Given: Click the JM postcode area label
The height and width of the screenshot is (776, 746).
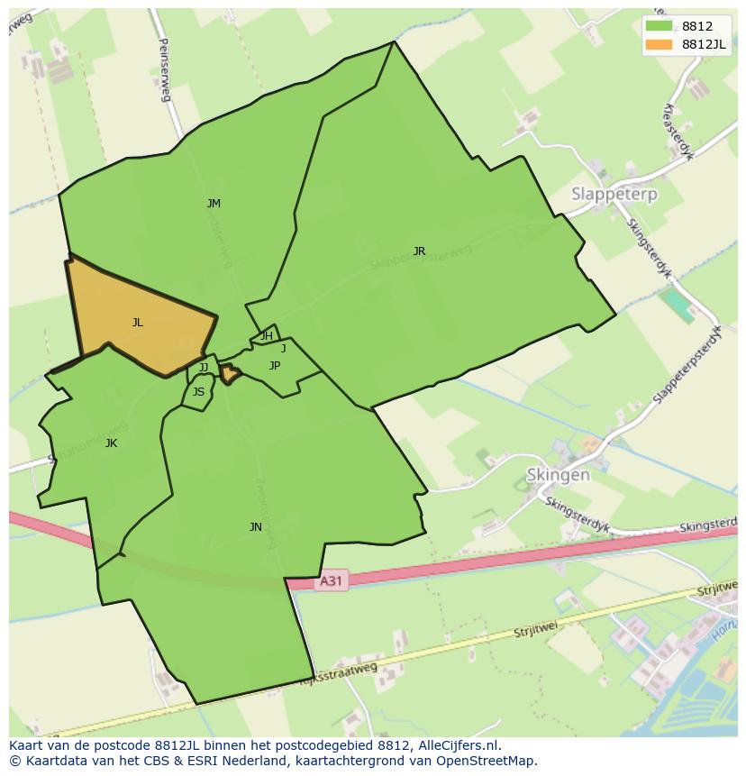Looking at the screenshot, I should coord(214,204).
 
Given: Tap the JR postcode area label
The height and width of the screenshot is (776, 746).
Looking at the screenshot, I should coord(419,251).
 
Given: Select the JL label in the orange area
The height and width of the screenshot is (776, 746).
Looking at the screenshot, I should coord(137,323).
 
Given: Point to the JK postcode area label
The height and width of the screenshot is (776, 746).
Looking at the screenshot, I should coord(111,443).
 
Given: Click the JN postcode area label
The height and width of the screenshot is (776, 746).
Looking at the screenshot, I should coord(256,527).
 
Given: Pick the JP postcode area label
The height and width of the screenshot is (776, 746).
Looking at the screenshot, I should coord(275,366).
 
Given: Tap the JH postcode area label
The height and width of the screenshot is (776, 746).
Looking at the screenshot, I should coord(267,336).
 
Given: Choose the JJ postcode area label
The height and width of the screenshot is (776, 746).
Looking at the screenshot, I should coord(204,368).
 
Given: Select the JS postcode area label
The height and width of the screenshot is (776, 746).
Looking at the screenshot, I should coord(198,392).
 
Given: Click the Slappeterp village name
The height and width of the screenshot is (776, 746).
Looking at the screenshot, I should coord(614,194).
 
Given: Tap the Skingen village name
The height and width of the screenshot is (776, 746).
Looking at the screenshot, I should coord(559,475).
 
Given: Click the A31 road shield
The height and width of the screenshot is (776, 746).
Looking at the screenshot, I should coord(331,581).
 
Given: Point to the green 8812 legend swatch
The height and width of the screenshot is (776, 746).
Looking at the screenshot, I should coord(659,26).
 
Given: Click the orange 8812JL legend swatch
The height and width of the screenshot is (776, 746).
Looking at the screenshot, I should coord(659,44).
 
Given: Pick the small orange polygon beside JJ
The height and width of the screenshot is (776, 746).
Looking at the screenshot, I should coord(231,373).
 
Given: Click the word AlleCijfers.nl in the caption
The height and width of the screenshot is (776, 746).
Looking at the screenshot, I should coord(455,746).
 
